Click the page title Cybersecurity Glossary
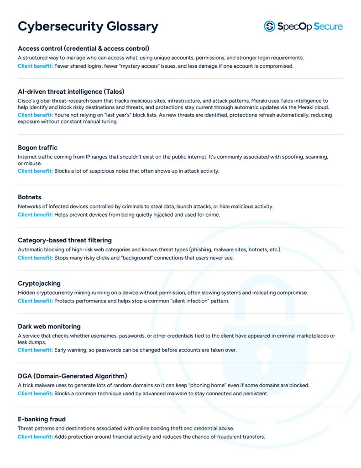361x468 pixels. click(88, 26)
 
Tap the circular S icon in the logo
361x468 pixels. click(269, 26)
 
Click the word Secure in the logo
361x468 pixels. click(326, 26)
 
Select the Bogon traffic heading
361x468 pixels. click(37, 148)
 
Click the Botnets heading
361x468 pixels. click(29, 197)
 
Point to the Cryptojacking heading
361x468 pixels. click(39, 283)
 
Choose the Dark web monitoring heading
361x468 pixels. click(49, 326)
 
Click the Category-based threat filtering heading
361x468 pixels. click(64, 240)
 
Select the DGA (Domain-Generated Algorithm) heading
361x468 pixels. click(72, 376)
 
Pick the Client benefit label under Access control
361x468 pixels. click(35, 66)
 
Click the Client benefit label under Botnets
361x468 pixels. click(35, 215)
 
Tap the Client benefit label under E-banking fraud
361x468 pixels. click(35, 437)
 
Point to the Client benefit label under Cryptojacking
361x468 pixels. click(35, 301)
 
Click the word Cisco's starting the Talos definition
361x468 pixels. click(26, 101)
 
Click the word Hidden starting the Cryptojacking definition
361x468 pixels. click(26, 292)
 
